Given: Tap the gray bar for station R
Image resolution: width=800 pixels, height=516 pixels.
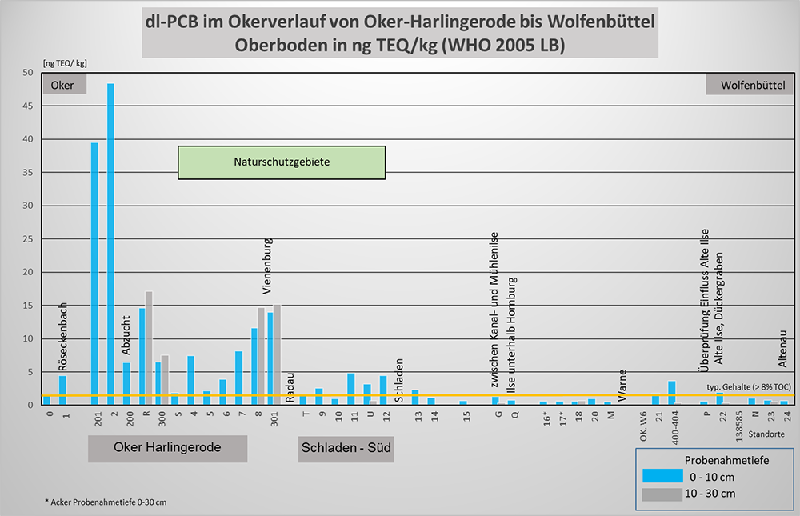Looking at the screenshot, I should pos(149,348).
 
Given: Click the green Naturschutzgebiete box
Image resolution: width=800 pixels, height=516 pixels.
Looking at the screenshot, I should pos(282,162).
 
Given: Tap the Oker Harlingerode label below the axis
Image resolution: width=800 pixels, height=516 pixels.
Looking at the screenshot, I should pos(167,448).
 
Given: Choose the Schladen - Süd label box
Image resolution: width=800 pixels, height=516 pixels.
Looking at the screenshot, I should pos(346,448).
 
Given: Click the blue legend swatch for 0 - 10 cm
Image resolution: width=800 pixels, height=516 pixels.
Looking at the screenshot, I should pos(662,477).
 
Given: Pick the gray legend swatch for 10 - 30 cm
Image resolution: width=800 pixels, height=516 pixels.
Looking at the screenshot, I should pos(662,494).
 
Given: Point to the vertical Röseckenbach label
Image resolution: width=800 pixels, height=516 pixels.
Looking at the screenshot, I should pos(63,337).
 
